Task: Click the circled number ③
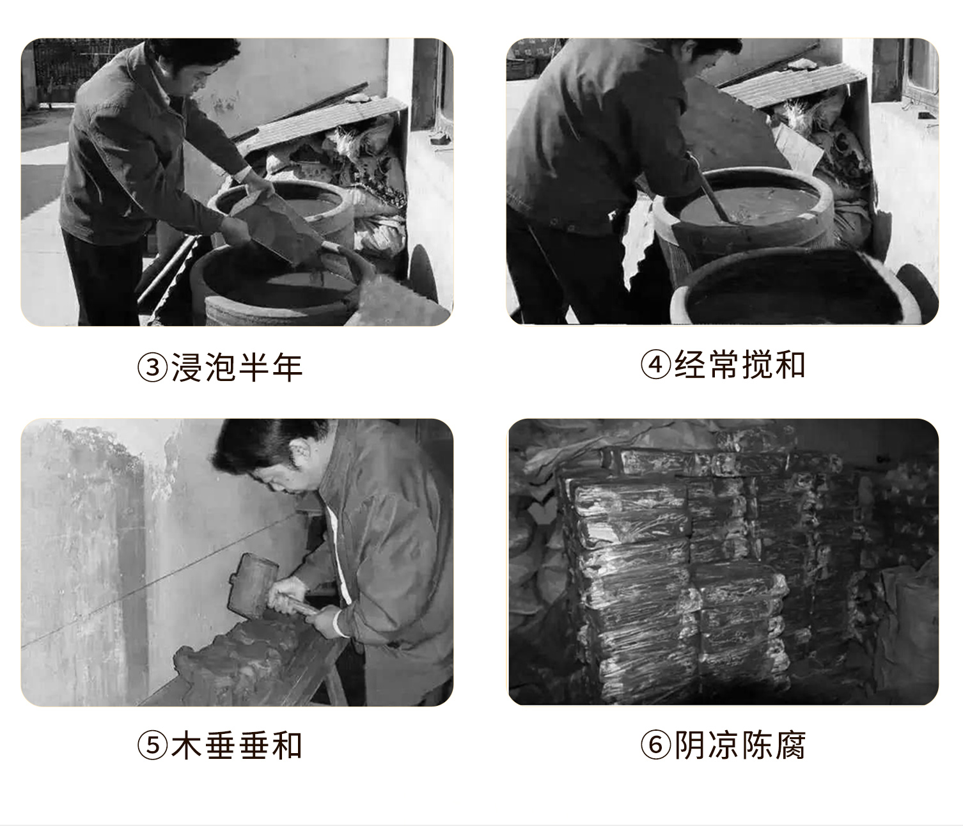point(152,368)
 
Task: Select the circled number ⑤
point(152,745)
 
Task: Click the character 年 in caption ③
point(287,368)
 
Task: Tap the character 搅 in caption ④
point(756,364)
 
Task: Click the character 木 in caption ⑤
point(187,745)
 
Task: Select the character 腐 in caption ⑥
point(790,744)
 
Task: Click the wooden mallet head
point(252,586)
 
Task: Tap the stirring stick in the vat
point(714,199)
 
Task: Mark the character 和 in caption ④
point(790,364)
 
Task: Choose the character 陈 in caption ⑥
point(756,744)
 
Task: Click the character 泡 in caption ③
point(220,368)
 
